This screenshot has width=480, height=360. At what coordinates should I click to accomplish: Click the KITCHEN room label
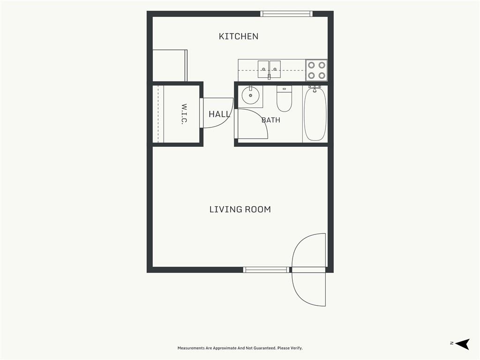(239, 37)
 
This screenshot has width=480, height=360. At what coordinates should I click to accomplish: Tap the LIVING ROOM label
(240, 210)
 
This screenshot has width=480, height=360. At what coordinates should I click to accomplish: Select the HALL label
(219, 114)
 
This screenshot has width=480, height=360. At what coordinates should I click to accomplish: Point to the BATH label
(271, 120)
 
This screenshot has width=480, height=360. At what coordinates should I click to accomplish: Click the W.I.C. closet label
(184, 114)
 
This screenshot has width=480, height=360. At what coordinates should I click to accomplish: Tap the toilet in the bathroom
(284, 98)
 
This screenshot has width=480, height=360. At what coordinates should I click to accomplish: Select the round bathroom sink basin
(250, 96)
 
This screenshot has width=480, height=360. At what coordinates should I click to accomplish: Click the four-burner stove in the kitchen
(316, 70)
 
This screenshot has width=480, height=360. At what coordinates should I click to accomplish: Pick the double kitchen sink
(269, 69)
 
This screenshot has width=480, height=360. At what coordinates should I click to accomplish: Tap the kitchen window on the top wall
(286, 14)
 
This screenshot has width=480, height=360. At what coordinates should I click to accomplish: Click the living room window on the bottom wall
(266, 270)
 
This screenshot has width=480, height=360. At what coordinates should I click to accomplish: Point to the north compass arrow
(462, 344)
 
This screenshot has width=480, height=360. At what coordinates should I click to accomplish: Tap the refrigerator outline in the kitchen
(170, 66)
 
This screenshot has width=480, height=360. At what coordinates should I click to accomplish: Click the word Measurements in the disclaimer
(191, 348)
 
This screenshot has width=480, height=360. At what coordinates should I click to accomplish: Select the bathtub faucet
(315, 89)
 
